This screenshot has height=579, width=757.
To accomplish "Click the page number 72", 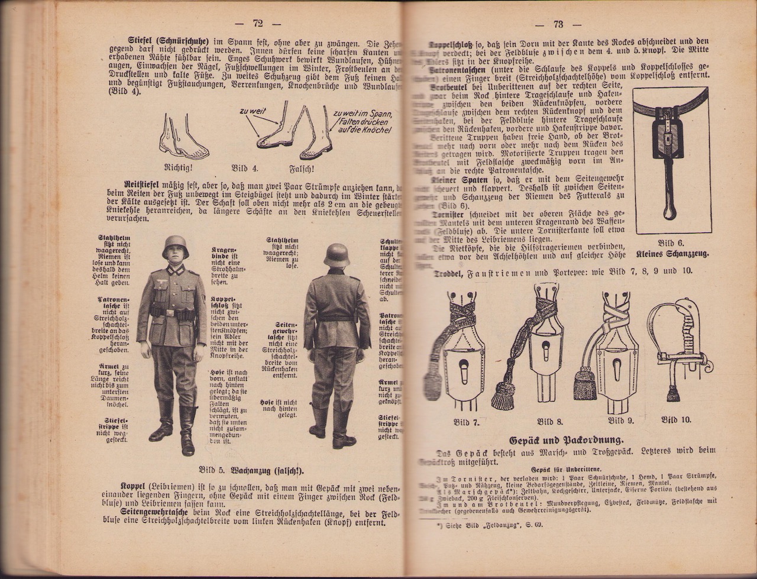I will click(x=257, y=24).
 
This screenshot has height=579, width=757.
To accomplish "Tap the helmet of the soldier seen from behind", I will click(x=337, y=254).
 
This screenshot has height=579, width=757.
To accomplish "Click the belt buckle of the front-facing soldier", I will click(x=170, y=312).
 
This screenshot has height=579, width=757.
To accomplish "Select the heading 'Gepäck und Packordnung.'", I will click(x=566, y=440).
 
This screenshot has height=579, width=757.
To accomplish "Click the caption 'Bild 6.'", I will click(x=671, y=242).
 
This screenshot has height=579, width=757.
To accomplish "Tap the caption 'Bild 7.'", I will click(x=466, y=422).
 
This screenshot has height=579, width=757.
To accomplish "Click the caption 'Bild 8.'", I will click(x=549, y=422).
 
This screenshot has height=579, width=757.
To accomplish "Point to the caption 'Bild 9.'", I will click(x=621, y=420).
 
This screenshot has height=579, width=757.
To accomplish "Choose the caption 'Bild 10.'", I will click(x=676, y=419).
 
